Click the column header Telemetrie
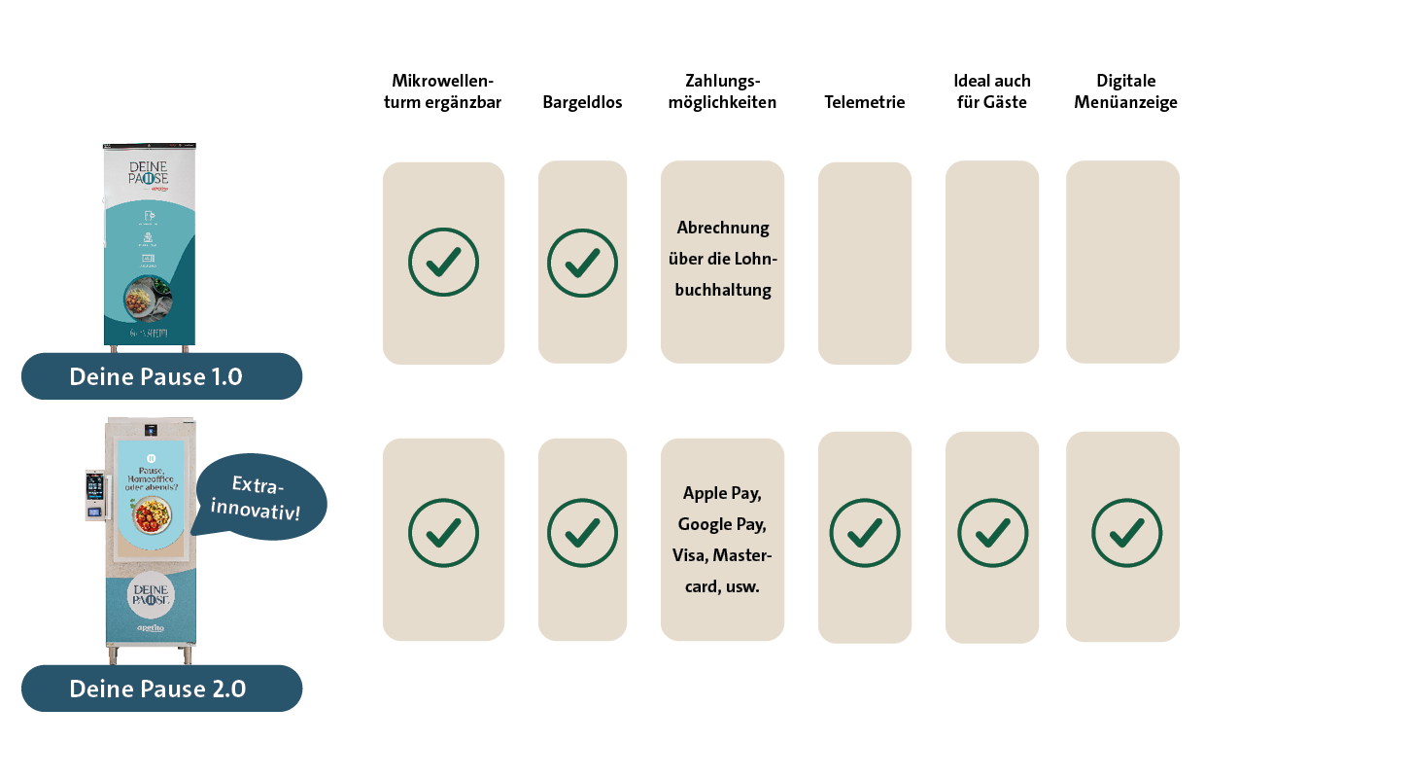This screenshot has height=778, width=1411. (864, 102)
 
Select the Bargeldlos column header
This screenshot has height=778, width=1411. (582, 102)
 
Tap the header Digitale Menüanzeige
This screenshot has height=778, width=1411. (1125, 91)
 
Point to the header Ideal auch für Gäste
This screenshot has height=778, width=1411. (991, 91)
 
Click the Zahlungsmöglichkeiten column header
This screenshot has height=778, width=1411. (722, 91)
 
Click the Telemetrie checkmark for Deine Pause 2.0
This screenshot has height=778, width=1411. (865, 534)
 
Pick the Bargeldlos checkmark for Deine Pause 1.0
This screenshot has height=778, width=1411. (582, 263)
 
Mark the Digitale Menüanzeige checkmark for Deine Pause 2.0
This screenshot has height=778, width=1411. (1126, 534)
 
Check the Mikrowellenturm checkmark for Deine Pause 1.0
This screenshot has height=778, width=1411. (443, 263)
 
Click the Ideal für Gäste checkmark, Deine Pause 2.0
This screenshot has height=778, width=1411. (992, 534)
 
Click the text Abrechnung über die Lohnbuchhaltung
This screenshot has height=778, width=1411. (723, 259)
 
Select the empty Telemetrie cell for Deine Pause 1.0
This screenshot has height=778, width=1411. (865, 263)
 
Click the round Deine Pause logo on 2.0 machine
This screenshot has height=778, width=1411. (150, 595)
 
